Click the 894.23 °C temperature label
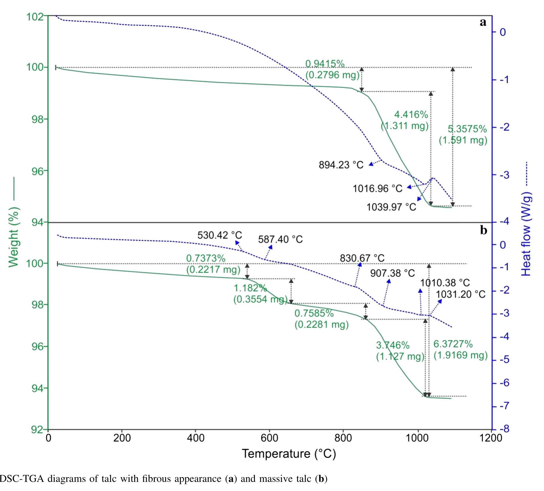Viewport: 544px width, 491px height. click(341, 165)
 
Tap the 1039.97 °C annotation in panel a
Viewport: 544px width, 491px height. click(391, 207)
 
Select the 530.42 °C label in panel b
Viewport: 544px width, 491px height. click(219, 235)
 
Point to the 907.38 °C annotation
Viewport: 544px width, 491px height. click(392, 273)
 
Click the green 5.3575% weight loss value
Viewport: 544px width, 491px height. click(467, 129)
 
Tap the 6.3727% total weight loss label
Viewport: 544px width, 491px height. click(453, 344)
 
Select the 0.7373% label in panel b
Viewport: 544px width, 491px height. click(206, 258)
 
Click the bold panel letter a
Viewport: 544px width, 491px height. click(483, 22)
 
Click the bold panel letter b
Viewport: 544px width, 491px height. click(484, 230)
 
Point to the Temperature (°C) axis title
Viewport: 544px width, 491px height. click(289, 454)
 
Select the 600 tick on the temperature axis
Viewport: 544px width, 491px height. click(269, 438)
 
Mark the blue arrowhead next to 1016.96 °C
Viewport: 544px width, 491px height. click(409, 187)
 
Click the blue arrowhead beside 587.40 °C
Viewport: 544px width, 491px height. click(271, 247)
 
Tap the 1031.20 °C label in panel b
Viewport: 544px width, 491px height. click(461, 294)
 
